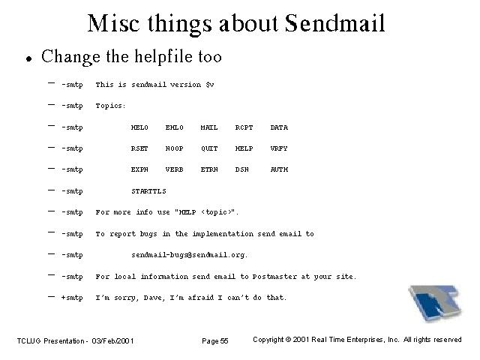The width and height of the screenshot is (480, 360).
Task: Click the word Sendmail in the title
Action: point(334,23)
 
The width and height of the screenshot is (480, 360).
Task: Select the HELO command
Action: point(139,127)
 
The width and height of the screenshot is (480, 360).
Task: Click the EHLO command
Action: point(175,127)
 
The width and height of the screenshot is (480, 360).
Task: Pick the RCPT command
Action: point(244,127)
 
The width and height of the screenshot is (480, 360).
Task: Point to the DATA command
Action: point(279,127)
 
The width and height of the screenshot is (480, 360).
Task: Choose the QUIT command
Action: point(209,148)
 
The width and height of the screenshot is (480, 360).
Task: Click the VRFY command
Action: point(279,148)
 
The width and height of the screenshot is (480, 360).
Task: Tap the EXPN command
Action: point(139,169)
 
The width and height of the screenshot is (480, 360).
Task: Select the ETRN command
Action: point(209,169)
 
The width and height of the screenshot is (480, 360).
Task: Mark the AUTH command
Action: point(279,169)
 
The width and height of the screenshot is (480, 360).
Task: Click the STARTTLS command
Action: point(148,191)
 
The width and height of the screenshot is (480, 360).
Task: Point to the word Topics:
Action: point(110,106)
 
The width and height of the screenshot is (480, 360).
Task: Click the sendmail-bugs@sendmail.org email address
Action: point(190,255)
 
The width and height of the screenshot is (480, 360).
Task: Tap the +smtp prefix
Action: point(72,298)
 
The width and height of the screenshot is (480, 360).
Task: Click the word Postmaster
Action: point(274,277)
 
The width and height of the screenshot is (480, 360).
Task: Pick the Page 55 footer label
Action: point(215,340)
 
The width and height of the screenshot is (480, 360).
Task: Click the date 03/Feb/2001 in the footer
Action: point(112,340)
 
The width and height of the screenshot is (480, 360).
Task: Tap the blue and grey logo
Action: point(435,302)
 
